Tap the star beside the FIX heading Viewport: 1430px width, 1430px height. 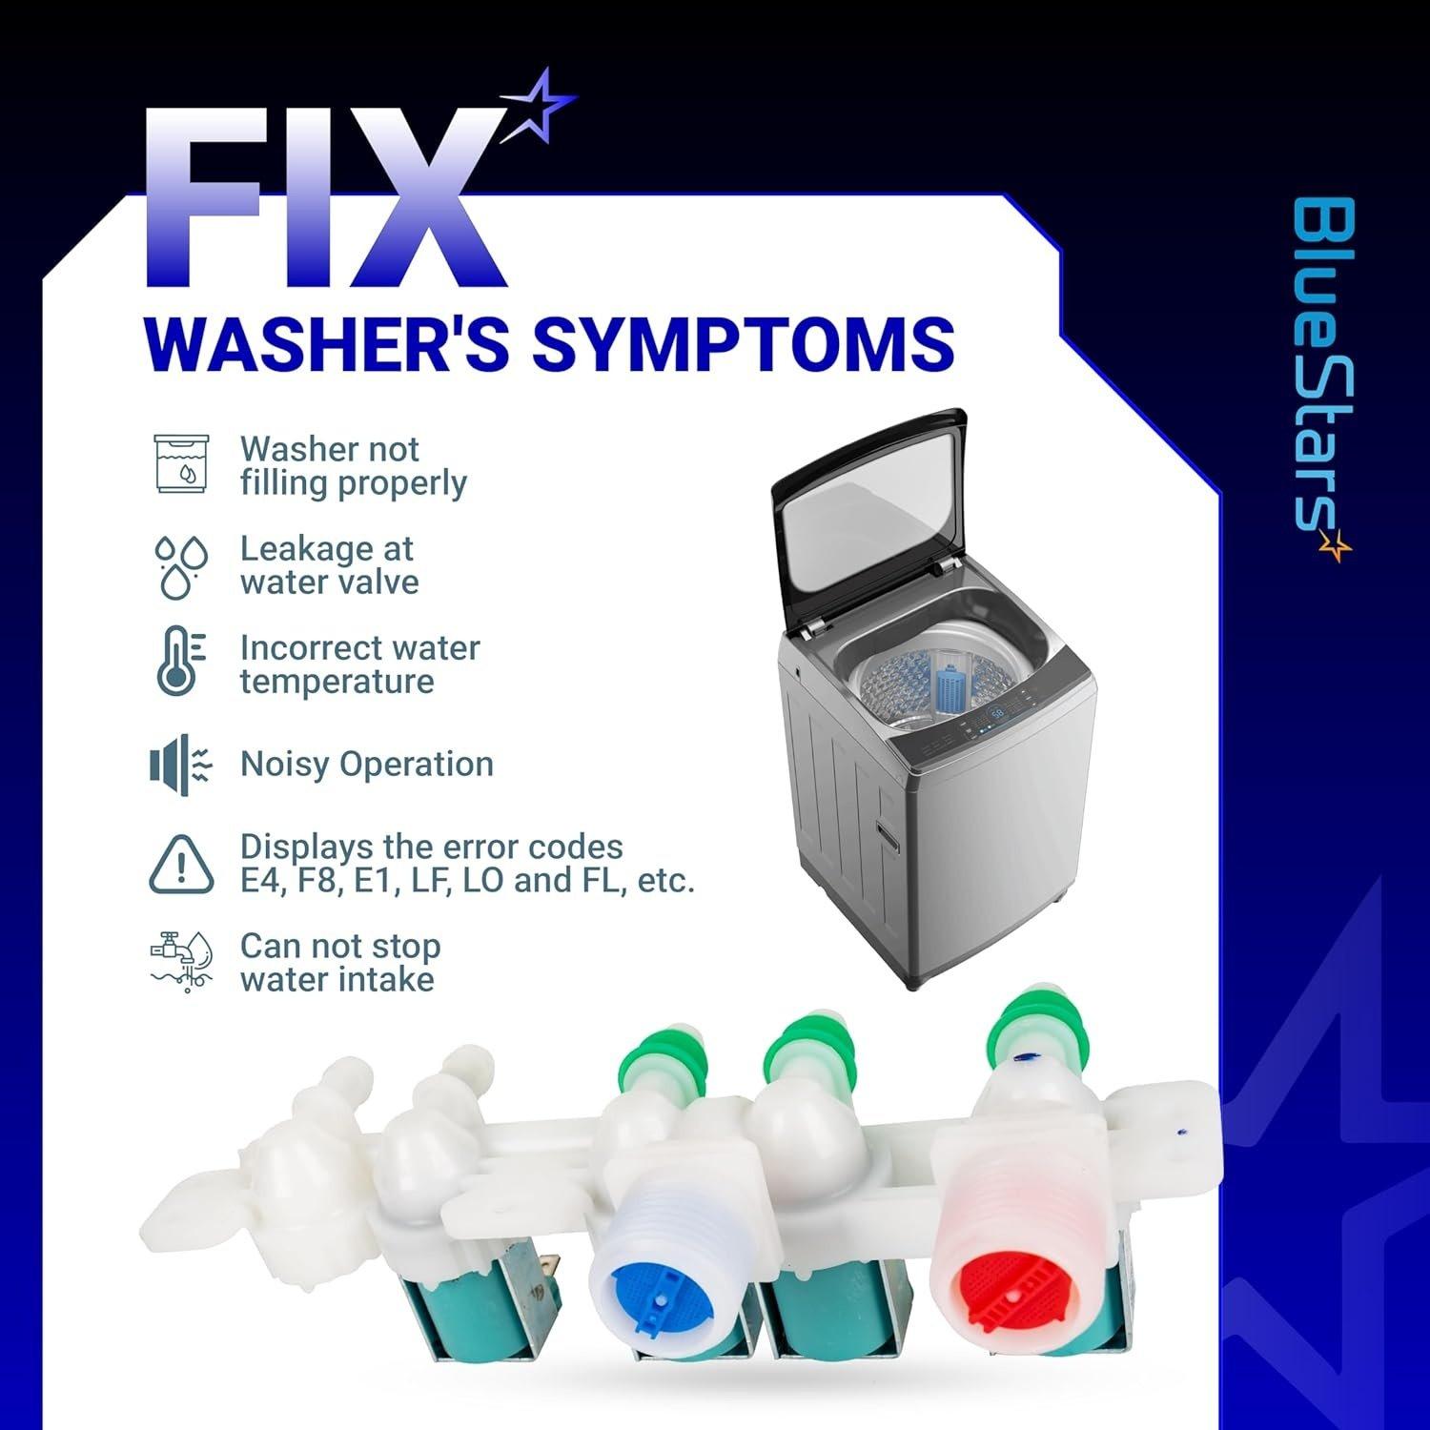click(539, 108)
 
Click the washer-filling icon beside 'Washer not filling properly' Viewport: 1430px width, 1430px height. click(182, 463)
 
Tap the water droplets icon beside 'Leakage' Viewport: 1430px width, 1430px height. click(181, 566)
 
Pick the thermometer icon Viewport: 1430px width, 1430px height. click(180, 661)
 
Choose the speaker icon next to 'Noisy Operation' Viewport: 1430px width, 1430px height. click(179, 765)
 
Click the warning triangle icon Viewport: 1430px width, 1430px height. click(181, 864)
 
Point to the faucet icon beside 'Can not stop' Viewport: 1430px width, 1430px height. click(181, 963)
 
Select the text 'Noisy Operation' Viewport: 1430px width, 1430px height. click(367, 765)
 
